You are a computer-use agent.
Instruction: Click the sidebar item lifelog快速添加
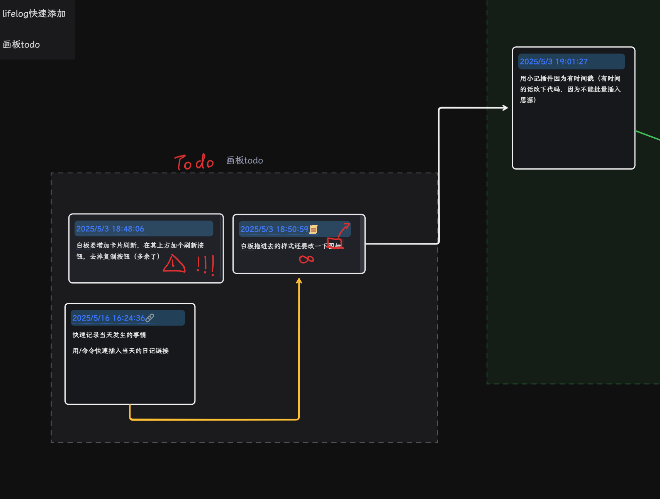(x=34, y=14)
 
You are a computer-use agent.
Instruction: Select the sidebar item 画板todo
(x=22, y=45)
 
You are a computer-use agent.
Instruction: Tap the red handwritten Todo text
(x=194, y=162)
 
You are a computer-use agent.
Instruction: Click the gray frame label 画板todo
(x=244, y=161)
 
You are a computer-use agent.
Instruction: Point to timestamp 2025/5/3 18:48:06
(x=110, y=229)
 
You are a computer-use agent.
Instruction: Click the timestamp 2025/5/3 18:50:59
(x=274, y=229)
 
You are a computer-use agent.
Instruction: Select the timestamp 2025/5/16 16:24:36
(x=109, y=318)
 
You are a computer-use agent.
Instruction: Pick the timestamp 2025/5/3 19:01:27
(x=553, y=62)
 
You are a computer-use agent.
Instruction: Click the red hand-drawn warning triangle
(x=174, y=265)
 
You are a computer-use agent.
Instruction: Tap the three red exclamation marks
(x=205, y=265)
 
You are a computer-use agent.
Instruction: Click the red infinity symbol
(x=307, y=260)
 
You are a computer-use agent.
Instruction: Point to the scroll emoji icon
(x=314, y=229)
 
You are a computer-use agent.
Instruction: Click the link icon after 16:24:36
(x=150, y=318)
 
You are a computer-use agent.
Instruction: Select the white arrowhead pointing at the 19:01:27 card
(x=505, y=108)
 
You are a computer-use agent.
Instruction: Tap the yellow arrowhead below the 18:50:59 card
(x=299, y=281)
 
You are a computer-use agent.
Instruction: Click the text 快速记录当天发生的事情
(x=109, y=335)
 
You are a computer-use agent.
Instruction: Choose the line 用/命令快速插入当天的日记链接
(x=120, y=351)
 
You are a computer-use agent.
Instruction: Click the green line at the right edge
(x=648, y=136)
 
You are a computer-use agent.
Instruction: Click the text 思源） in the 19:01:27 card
(x=528, y=100)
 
